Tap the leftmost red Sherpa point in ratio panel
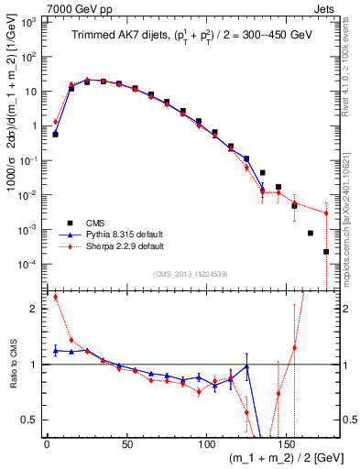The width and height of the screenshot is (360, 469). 56,297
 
